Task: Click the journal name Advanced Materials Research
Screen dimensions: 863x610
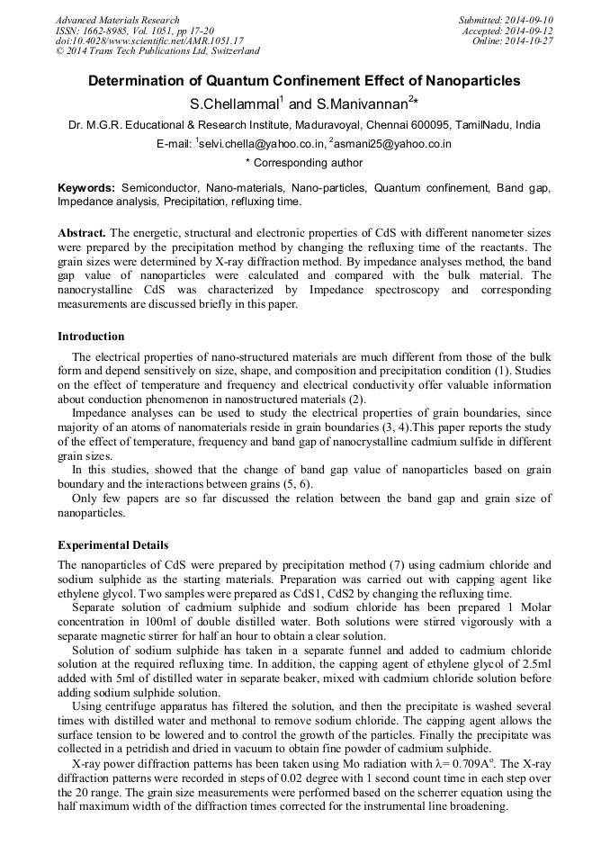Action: tap(117, 20)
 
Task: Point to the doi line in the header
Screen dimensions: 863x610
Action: tap(149, 41)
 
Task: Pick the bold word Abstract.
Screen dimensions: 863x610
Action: tap(82, 232)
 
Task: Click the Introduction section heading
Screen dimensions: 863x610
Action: tap(91, 337)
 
